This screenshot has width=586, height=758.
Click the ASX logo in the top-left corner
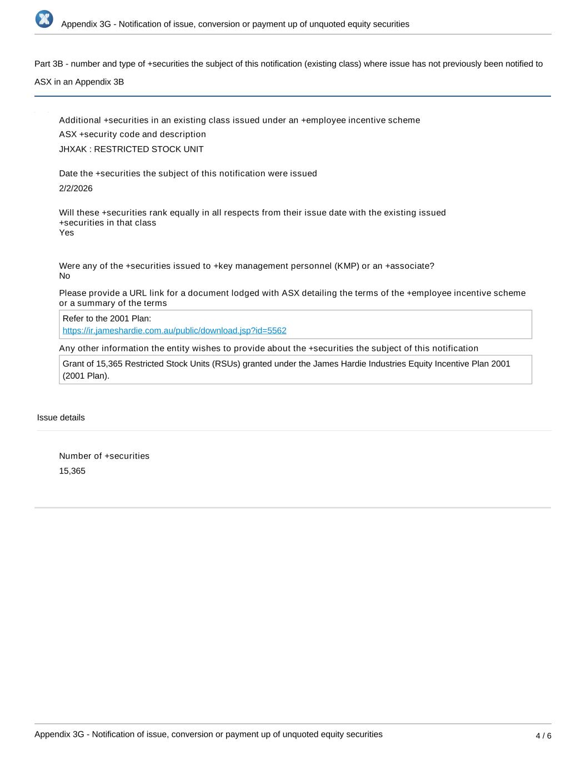click(x=44, y=19)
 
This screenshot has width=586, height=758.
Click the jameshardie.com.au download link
click(x=174, y=330)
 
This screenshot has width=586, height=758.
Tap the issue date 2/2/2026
click(x=76, y=188)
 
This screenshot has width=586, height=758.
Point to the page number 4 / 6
click(x=543, y=736)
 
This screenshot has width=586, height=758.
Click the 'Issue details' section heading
click(x=61, y=418)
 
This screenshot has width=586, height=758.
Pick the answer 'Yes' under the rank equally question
click(x=66, y=233)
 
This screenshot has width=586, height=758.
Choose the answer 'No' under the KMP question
click(x=64, y=276)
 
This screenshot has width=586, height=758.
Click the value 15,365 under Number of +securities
click(x=72, y=471)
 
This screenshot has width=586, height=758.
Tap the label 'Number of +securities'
click(x=104, y=456)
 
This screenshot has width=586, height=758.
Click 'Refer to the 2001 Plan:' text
click(x=107, y=319)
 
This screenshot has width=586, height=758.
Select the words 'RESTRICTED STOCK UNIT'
click(x=149, y=149)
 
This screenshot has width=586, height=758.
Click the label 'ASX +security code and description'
click(x=132, y=134)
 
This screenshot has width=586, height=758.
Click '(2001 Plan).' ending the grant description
click(x=86, y=375)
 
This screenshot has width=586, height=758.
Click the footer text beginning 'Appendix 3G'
click(x=208, y=734)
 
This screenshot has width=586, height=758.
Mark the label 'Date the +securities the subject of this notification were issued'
click(x=188, y=173)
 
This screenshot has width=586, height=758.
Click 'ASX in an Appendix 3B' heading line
click(x=79, y=82)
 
